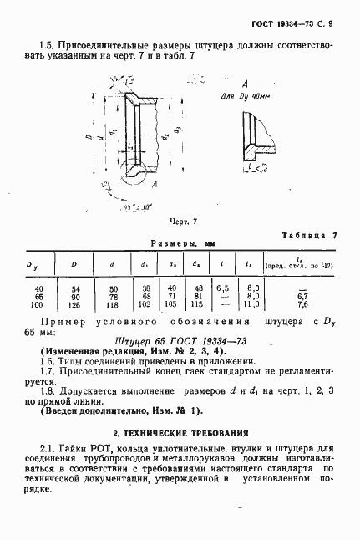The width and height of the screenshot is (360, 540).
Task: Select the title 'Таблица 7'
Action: point(310,236)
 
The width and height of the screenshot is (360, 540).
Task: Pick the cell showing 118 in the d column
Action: point(113,304)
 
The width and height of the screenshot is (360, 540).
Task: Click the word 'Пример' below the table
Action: point(69,321)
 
